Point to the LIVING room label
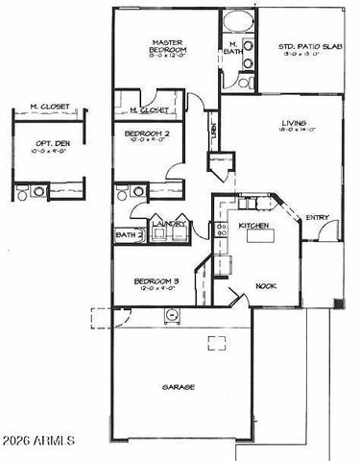(294, 122)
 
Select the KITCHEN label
(252, 225)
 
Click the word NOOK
(266, 285)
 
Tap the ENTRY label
(316, 218)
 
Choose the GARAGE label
(179, 387)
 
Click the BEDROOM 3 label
(153, 281)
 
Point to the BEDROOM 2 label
(148, 133)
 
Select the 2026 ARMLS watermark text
(38, 442)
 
